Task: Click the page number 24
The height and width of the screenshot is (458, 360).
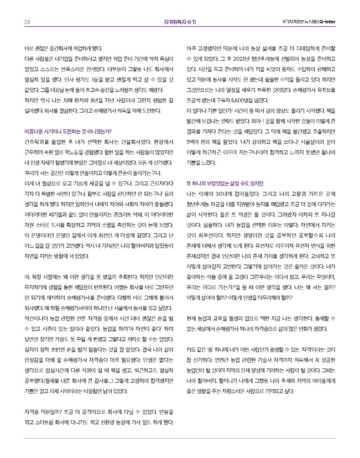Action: coord(27,21)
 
